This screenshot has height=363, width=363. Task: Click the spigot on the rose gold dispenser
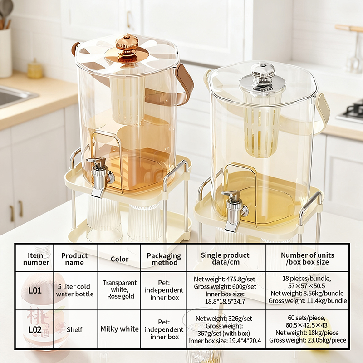point(100,177)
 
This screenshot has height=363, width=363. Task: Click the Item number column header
point(35,259)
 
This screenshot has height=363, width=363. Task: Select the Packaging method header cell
point(164,259)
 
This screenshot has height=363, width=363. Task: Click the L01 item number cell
point(35,290)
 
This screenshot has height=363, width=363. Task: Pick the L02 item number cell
point(35,329)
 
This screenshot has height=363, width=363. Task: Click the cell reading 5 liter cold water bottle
point(74,290)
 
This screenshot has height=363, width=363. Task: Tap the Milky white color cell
point(119,329)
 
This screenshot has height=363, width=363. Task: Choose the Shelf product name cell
point(74,329)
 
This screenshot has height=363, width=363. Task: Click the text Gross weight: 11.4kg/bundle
point(308,301)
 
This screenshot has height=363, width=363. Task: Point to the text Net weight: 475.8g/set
point(224,279)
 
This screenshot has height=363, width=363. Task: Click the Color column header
point(119,259)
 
